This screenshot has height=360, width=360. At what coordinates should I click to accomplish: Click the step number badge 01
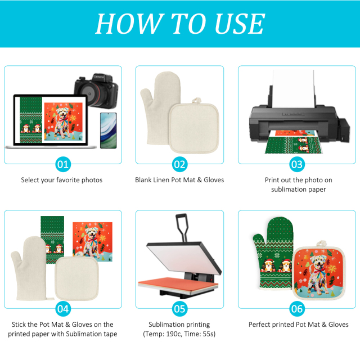tap(63, 164)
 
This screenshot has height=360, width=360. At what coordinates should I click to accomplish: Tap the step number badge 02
tap(179, 164)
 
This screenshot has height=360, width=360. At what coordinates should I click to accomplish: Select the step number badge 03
tap(297, 164)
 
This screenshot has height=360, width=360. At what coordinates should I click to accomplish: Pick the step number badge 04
tap(63, 309)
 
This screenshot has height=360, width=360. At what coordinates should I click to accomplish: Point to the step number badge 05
tap(179, 309)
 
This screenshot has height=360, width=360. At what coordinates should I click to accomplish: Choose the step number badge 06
tap(297, 309)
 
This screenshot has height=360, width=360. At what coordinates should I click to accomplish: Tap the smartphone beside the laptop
tap(109, 130)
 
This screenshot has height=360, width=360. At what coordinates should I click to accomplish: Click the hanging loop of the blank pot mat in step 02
tap(196, 101)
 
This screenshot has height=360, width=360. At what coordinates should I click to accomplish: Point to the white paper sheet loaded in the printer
tap(293, 88)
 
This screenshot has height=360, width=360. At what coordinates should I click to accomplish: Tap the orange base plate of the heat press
tap(178, 285)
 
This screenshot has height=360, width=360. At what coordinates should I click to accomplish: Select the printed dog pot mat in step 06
tap(319, 273)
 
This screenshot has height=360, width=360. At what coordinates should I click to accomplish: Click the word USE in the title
tap(240, 24)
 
